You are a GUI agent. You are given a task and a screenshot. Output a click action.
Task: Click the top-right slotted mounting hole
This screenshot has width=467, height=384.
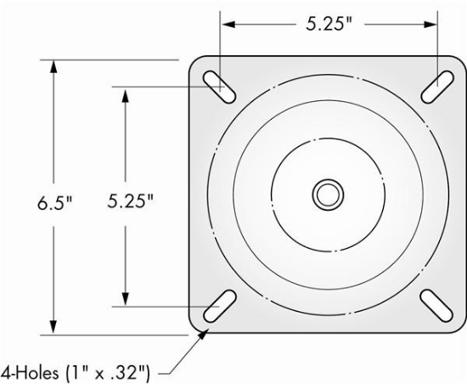click(436, 82)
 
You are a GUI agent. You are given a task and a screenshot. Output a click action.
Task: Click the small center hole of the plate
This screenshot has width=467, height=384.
click(325, 194)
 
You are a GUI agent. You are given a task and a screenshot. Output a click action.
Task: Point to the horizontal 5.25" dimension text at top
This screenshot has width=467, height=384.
click(330, 23)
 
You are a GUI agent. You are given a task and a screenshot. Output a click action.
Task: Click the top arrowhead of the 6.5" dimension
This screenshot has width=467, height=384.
click(53, 67)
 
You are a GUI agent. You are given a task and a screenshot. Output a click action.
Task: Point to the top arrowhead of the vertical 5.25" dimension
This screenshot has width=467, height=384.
click(126, 94)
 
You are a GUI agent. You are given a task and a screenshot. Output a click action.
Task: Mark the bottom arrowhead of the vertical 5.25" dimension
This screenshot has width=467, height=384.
click(126, 298)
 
